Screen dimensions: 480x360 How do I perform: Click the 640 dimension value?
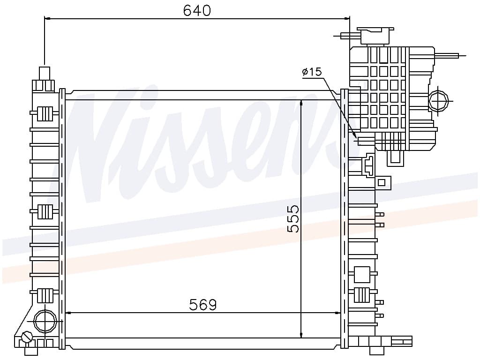tap(197, 10)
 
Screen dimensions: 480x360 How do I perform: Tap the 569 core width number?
tap(202, 304)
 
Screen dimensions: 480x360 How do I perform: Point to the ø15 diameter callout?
tap(312, 72)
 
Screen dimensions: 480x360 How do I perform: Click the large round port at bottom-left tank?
tap(45, 321)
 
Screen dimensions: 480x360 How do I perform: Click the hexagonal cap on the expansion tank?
tap(438, 100)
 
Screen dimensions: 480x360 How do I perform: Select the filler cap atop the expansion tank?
tap(375, 36)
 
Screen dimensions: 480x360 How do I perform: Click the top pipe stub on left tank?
tap(45, 74)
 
